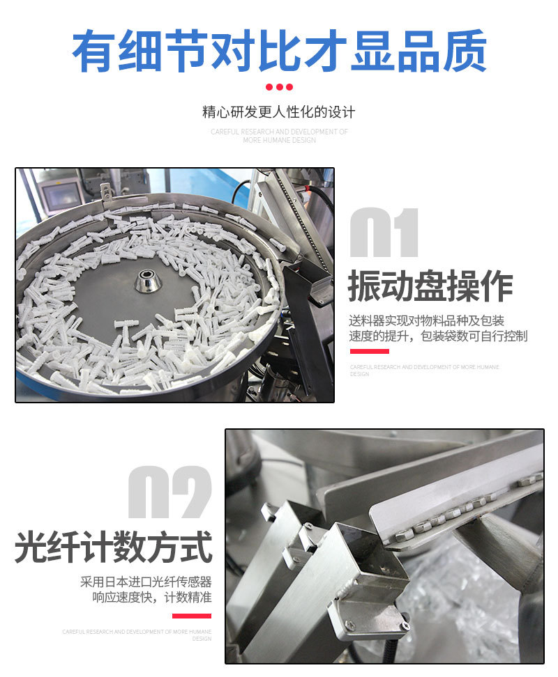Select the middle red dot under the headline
(279, 87)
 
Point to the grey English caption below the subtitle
(279, 136)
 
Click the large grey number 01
(384, 233)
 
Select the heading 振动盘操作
(430, 286)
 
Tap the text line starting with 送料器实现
(427, 321)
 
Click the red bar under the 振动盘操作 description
(369, 351)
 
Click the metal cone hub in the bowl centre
(149, 280)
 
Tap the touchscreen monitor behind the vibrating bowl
(60, 192)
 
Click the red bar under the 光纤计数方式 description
(191, 616)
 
